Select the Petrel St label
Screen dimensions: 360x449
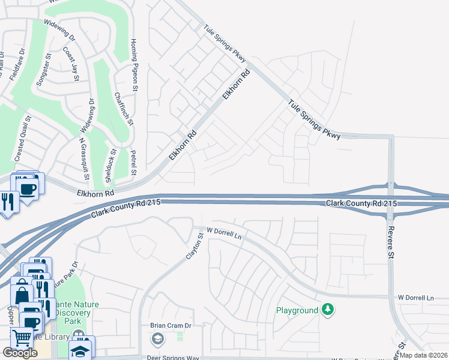pyautogui.click(x=134, y=163)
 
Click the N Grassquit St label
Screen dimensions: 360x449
pyautogui.click(x=84, y=160)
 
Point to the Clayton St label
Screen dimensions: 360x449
pyautogui.click(x=192, y=246)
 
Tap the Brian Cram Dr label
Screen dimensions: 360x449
pyautogui.click(x=170, y=326)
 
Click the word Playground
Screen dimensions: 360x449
pyautogui.click(x=297, y=310)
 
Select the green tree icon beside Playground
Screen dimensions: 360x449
pyautogui.click(x=327, y=310)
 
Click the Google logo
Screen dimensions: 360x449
pyautogui.click(x=20, y=353)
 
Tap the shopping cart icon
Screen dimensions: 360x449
pyautogui.click(x=21, y=337)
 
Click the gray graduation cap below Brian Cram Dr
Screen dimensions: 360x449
pyautogui.click(x=157, y=340)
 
